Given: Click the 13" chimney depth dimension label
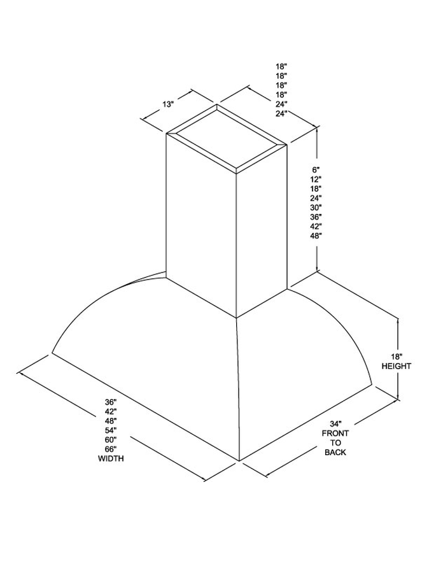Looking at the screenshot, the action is tap(168, 104).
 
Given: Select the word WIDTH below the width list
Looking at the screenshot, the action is tap(111, 458).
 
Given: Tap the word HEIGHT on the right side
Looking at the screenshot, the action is tap(397, 366).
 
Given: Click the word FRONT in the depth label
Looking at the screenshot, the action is tap(335, 433).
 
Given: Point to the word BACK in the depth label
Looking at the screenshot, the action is tap(335, 453).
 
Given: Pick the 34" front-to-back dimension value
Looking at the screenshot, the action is tap(335, 424).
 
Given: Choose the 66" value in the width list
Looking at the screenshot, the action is tap(111, 449).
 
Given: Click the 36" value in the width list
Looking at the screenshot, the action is tap(111, 402).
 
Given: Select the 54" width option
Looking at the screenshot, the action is tap(111, 430).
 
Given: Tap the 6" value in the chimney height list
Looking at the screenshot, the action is tap(316, 169).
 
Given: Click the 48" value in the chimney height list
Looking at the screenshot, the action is tap(316, 236).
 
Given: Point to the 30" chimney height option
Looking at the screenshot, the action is tap(316, 208).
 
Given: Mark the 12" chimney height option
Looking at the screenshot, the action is tap(316, 180).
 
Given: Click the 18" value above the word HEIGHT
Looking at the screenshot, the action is tap(397, 357).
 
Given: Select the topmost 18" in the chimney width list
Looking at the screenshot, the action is tap(281, 66).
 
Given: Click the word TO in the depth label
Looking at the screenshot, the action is tap(335, 442).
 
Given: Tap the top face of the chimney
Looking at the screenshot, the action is tap(227, 139).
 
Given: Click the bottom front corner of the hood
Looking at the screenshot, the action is tap(239, 461).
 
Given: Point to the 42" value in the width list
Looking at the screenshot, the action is tap(111, 411).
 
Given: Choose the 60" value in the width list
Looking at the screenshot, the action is tap(111, 439).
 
